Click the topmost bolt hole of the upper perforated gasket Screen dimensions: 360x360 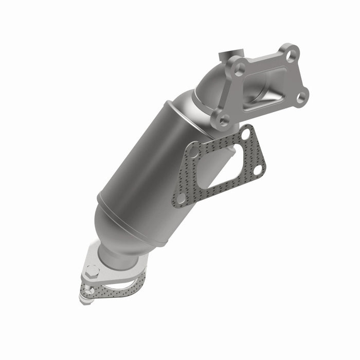[x=246, y=134]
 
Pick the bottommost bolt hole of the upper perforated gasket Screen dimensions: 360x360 [x=181, y=197]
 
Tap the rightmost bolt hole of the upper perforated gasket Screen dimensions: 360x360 [x=258, y=169]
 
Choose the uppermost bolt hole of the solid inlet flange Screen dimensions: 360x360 [x=292, y=52]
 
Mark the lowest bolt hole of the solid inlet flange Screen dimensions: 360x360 [x=223, y=119]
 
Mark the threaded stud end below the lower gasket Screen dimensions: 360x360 [x=87, y=294]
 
